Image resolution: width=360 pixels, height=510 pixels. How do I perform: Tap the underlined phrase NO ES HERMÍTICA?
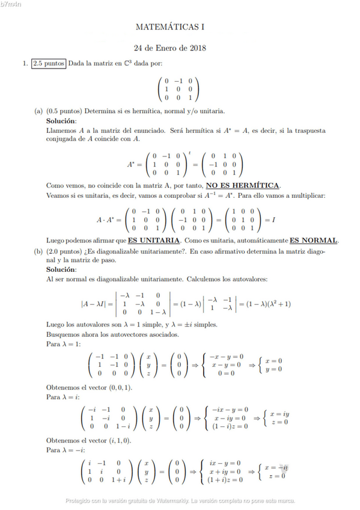[x=243, y=185]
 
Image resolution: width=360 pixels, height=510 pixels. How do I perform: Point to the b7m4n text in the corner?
[x=11, y=4]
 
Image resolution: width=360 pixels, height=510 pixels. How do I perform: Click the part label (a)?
[x=38, y=111]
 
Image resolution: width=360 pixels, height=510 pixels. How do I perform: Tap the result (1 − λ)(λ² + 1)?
[x=264, y=304]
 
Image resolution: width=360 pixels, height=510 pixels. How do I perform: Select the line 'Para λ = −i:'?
[x=64, y=449]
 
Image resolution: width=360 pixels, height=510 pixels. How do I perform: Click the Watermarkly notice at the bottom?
[x=180, y=500]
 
